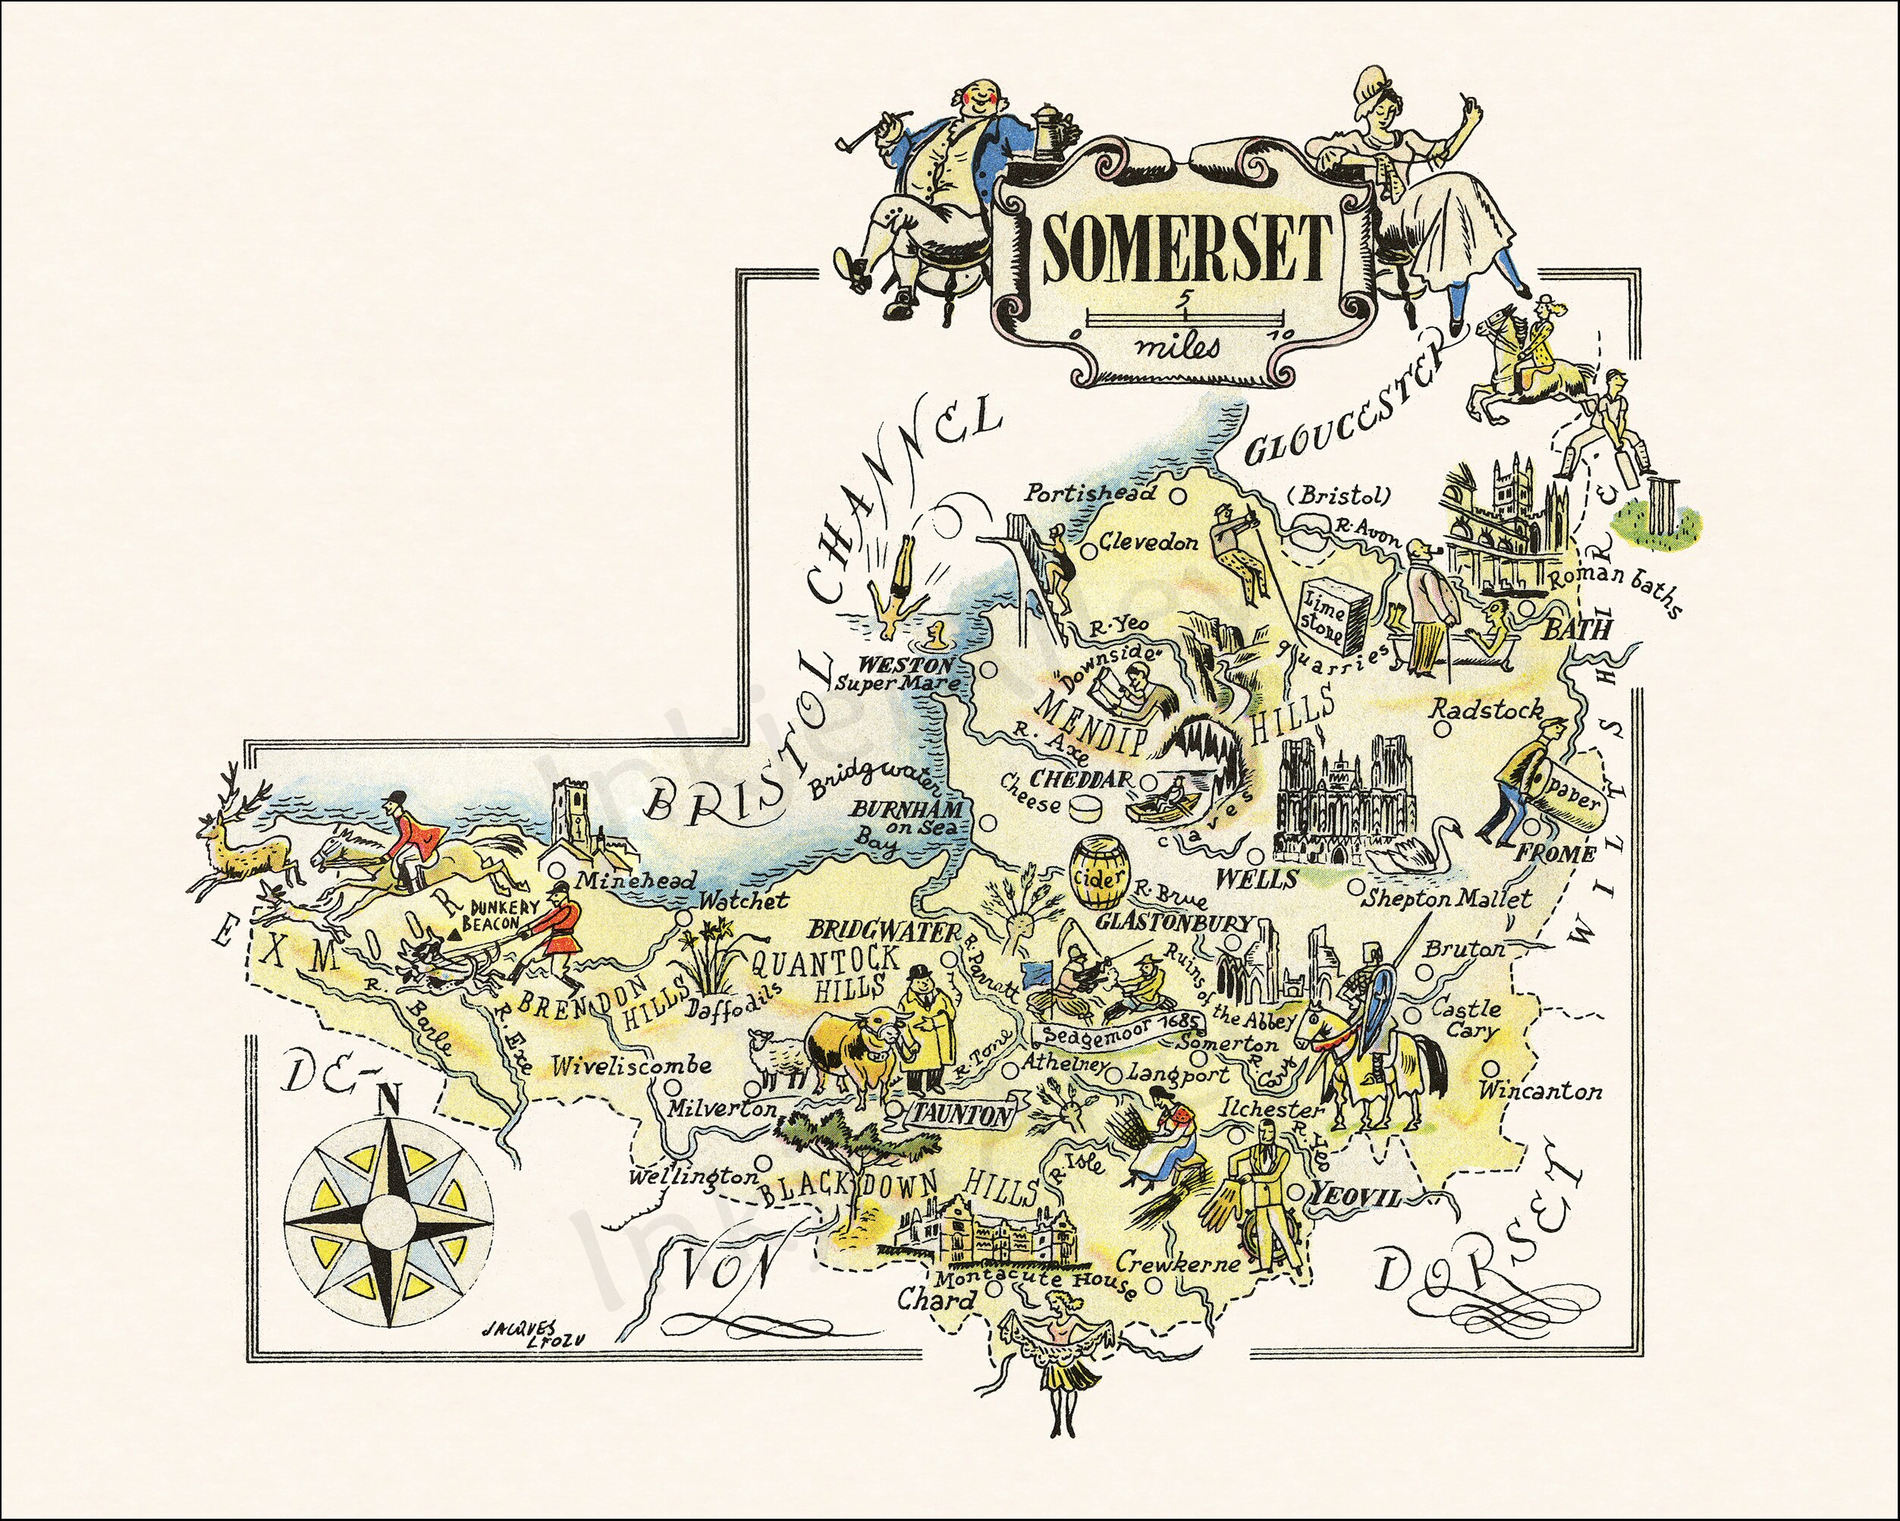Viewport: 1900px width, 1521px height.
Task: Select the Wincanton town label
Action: click(1540, 1092)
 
